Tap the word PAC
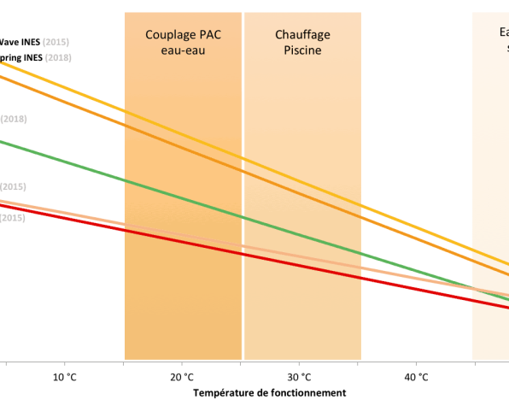(209, 34)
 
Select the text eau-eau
(184, 50)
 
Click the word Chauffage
(302, 34)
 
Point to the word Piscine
(302, 50)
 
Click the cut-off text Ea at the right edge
(504, 32)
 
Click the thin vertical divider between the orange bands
(243, 103)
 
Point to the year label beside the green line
(14, 119)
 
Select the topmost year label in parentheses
(56, 42)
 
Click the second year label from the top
(58, 57)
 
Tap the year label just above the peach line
(13, 186)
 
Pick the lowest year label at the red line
(12, 218)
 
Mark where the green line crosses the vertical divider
(243, 217)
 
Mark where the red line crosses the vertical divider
(243, 253)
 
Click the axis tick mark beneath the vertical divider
(241, 363)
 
